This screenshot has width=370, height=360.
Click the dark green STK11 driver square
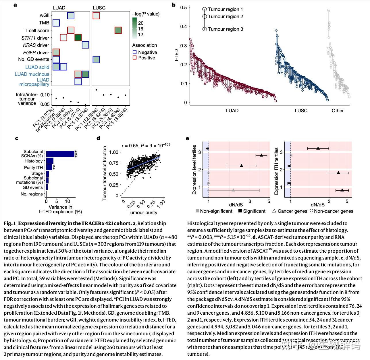tap(78, 38)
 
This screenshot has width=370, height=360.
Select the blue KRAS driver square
tap(85, 45)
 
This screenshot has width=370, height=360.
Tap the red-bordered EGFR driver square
tap(56, 52)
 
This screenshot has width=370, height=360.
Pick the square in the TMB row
tap(56, 23)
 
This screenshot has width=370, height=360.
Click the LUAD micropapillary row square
tap(78, 81)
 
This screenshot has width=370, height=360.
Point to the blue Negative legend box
tap(134, 52)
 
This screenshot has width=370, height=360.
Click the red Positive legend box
tap(134, 58)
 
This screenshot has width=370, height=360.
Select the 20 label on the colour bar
tap(141, 23)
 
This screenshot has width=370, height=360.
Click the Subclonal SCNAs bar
tap(60, 154)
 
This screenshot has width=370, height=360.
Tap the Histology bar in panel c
tap(50, 161)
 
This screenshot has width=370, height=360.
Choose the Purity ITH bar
tap(49, 167)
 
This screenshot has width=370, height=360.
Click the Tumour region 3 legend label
tap(226, 29)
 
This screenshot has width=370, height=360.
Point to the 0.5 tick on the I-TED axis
tap(184, 7)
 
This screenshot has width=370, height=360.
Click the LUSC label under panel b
tap(301, 111)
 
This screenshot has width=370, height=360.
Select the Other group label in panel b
tap(338, 111)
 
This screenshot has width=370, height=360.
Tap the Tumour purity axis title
tap(142, 212)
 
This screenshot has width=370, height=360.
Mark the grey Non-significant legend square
tap(197, 211)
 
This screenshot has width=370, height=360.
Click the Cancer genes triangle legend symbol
tap(274, 211)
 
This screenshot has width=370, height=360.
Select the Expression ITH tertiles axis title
tap(276, 171)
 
